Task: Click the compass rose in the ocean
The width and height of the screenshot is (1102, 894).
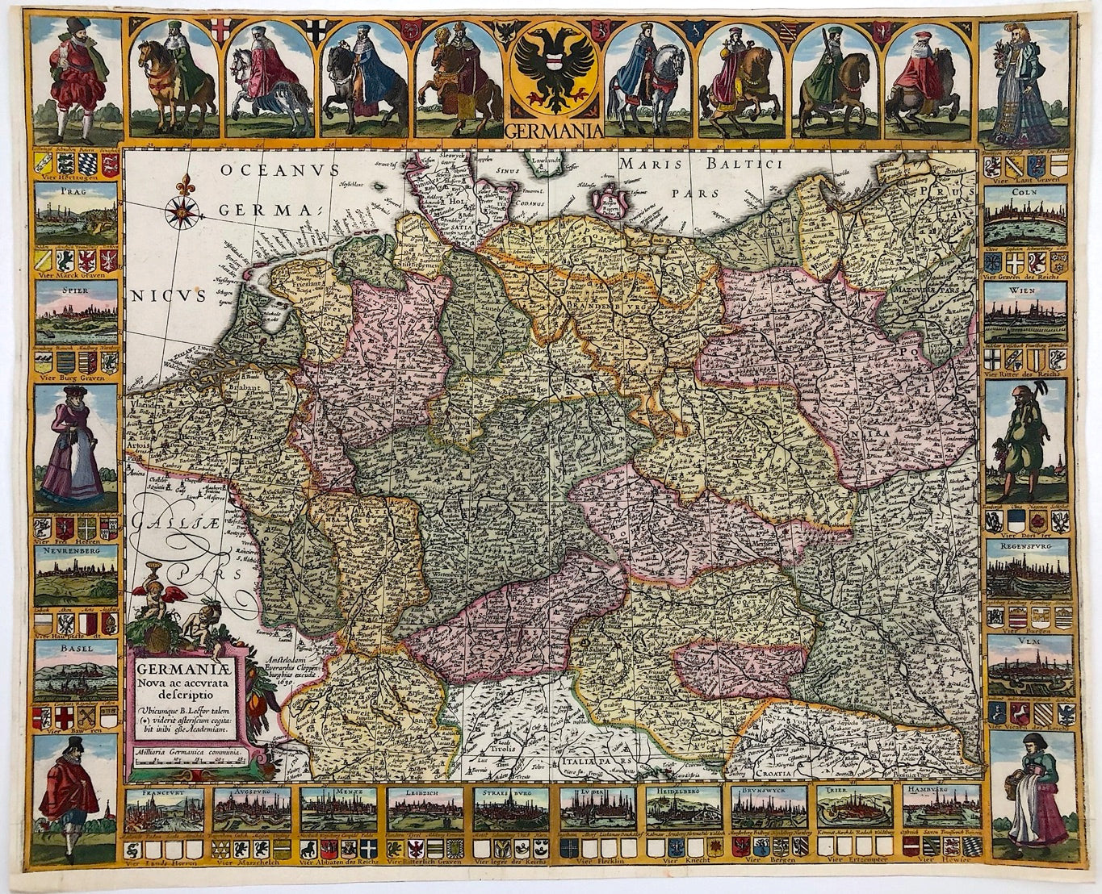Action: click(x=178, y=211)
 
